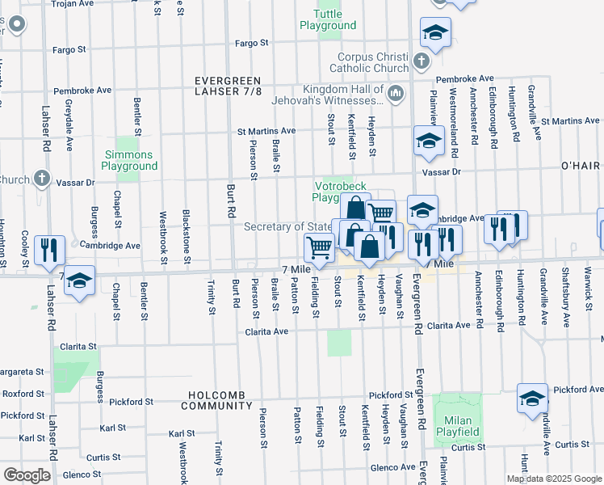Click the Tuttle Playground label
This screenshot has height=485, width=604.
point(327,19)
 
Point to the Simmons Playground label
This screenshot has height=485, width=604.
point(129,160)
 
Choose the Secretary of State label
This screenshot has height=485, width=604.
point(286,227)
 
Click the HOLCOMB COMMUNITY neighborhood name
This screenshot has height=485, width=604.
point(222,400)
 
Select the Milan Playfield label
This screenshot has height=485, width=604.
point(457,426)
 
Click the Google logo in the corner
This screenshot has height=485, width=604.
point(26,474)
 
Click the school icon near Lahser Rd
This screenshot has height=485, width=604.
point(78,281)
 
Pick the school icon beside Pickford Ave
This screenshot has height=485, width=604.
point(532,399)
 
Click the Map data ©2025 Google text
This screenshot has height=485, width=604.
point(554,479)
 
